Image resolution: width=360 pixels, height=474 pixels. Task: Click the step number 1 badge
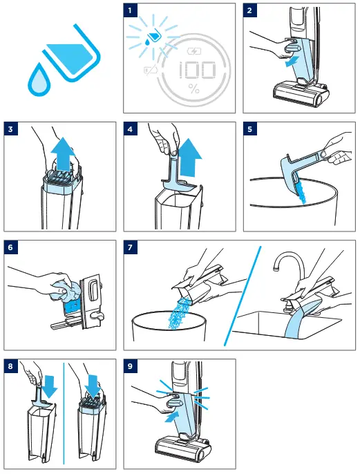(130, 10)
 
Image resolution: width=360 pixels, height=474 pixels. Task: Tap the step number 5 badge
(249, 129)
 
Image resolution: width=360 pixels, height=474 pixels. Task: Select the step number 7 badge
(130, 247)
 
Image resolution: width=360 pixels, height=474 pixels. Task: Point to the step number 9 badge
(130, 366)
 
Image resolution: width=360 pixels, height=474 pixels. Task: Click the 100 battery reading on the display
(198, 70)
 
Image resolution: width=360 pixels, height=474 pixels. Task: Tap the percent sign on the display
(193, 88)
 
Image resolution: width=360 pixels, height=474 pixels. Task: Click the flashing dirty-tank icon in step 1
(153, 37)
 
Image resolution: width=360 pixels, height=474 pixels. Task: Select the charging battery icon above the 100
(194, 51)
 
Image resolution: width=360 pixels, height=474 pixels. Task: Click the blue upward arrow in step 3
(63, 154)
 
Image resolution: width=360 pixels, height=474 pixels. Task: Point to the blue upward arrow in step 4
(189, 157)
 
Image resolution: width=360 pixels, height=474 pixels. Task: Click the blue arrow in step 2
(292, 61)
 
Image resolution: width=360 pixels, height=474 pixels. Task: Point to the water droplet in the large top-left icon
(39, 80)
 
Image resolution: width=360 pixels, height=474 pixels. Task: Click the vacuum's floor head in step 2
(301, 92)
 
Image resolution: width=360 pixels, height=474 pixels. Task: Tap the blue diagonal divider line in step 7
(243, 296)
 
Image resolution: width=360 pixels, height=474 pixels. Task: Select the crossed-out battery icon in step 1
(151, 70)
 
